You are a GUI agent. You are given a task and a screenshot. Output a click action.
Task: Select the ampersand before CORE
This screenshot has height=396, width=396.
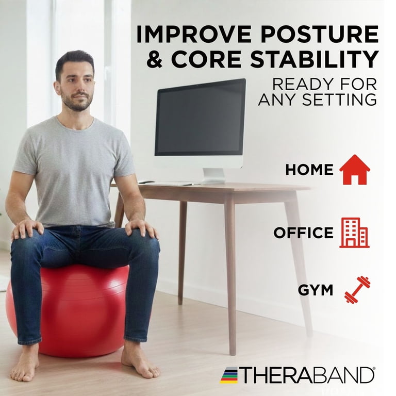click(155, 59)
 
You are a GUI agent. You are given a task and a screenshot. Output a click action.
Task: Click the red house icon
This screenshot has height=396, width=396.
click(355, 170)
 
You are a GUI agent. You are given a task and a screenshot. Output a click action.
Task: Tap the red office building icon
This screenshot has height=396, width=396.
click(354, 233)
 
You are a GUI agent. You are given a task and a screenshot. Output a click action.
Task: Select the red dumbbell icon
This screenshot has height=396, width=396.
click(357, 290)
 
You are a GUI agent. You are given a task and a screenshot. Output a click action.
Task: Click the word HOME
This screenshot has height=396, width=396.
click(309, 170)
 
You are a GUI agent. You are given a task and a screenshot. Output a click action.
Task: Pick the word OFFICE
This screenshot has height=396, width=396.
click(303, 233)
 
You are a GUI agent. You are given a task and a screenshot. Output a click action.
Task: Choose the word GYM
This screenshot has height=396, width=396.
click(316, 290)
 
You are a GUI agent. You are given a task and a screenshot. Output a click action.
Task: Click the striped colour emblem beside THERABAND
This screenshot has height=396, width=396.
click(229, 375)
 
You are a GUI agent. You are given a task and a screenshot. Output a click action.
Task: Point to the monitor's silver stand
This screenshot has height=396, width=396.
click(213, 175)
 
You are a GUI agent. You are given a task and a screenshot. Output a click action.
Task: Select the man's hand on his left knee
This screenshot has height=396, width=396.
click(141, 228)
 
